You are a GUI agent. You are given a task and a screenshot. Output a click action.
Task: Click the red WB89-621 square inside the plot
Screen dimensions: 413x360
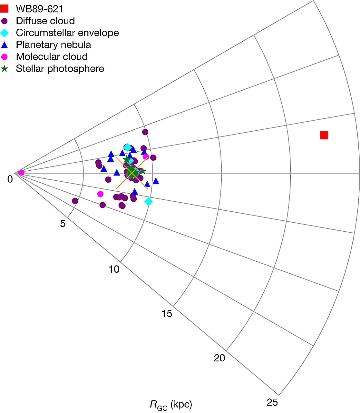click(324, 135)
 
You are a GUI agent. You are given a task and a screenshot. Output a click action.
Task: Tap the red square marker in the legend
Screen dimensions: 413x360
click(5, 9)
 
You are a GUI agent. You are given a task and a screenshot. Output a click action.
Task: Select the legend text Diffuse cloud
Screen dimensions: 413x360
click(45, 21)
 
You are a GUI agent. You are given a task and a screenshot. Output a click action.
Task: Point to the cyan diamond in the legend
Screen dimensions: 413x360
click(5, 33)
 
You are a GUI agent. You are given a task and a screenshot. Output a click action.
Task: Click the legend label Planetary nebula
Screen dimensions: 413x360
click(53, 45)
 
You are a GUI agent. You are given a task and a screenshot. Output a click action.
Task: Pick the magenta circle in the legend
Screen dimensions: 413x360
click(5, 57)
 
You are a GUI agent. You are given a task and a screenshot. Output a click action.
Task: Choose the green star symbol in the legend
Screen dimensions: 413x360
click(5, 69)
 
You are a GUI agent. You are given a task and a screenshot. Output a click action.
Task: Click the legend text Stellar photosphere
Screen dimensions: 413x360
click(60, 69)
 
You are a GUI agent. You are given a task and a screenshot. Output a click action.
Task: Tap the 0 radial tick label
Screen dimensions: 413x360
click(10, 179)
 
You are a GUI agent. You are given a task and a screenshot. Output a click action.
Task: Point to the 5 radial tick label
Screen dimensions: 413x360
click(63, 224)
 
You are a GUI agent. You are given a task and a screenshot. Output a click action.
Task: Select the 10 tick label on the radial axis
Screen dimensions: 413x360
click(114, 269)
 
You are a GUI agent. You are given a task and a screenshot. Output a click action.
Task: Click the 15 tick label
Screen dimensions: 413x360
click(167, 313)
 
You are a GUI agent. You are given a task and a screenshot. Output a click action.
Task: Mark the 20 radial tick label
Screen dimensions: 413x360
click(219, 358)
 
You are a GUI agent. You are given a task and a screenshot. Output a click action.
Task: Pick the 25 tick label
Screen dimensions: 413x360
click(272, 402)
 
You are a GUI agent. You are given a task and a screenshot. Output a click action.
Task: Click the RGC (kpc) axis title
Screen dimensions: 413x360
click(171, 405)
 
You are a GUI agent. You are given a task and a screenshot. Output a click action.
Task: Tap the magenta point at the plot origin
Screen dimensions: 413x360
click(21, 173)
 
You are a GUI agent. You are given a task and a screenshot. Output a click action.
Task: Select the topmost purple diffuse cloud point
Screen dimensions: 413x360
click(145, 132)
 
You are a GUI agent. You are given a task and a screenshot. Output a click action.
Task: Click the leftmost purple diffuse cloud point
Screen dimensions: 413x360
click(75, 201)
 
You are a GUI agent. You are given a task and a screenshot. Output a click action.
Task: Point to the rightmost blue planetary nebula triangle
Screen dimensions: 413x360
click(156, 181)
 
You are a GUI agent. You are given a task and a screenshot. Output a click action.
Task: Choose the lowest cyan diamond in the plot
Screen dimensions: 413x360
click(148, 201)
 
